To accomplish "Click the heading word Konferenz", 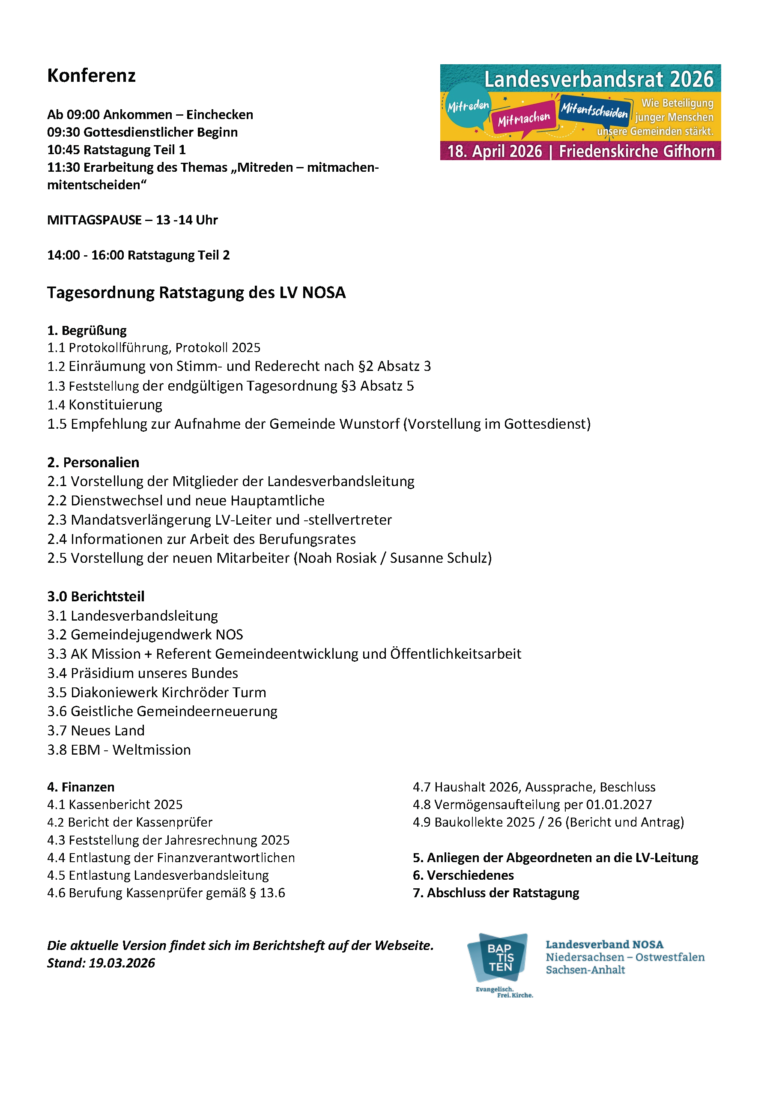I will point(91,76).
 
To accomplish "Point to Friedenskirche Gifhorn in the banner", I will point(636,152).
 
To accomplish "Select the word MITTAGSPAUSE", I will point(94,220).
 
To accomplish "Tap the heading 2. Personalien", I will point(93,463).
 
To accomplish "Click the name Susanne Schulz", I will point(439,558).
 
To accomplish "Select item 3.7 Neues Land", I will point(96,731).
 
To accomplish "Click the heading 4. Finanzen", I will point(81,787).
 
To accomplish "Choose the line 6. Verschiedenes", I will point(463,875).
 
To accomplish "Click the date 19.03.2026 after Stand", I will point(122,963).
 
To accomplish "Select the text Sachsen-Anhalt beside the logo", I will point(585,970).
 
